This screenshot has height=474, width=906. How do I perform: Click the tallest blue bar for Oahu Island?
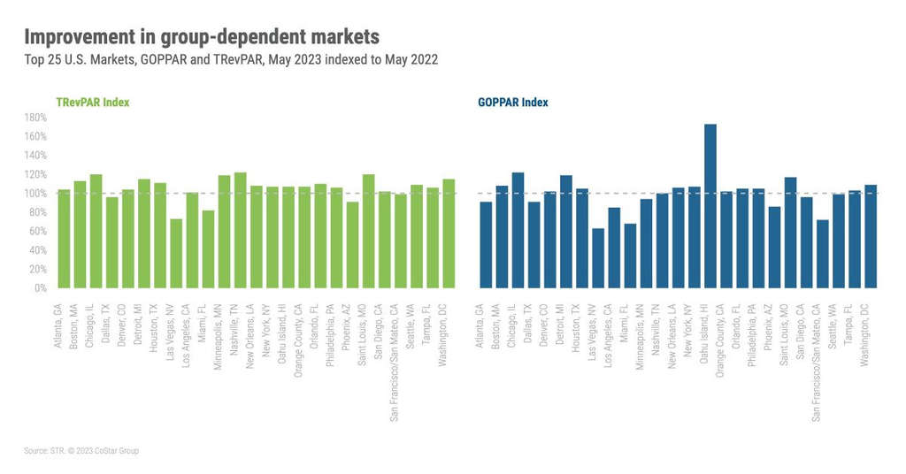tap(710, 206)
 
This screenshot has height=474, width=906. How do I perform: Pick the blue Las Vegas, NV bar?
tap(598, 258)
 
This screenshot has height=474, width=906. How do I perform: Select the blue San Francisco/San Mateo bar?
tap(823, 254)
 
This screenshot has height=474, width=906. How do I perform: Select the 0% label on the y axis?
tap(39, 288)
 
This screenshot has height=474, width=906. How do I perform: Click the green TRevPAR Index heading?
tap(93, 103)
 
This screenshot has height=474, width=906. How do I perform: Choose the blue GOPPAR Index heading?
tap(512, 103)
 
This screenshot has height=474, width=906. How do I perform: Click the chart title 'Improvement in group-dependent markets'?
tap(201, 37)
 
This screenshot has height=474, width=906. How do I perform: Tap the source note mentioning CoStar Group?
tap(81, 451)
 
